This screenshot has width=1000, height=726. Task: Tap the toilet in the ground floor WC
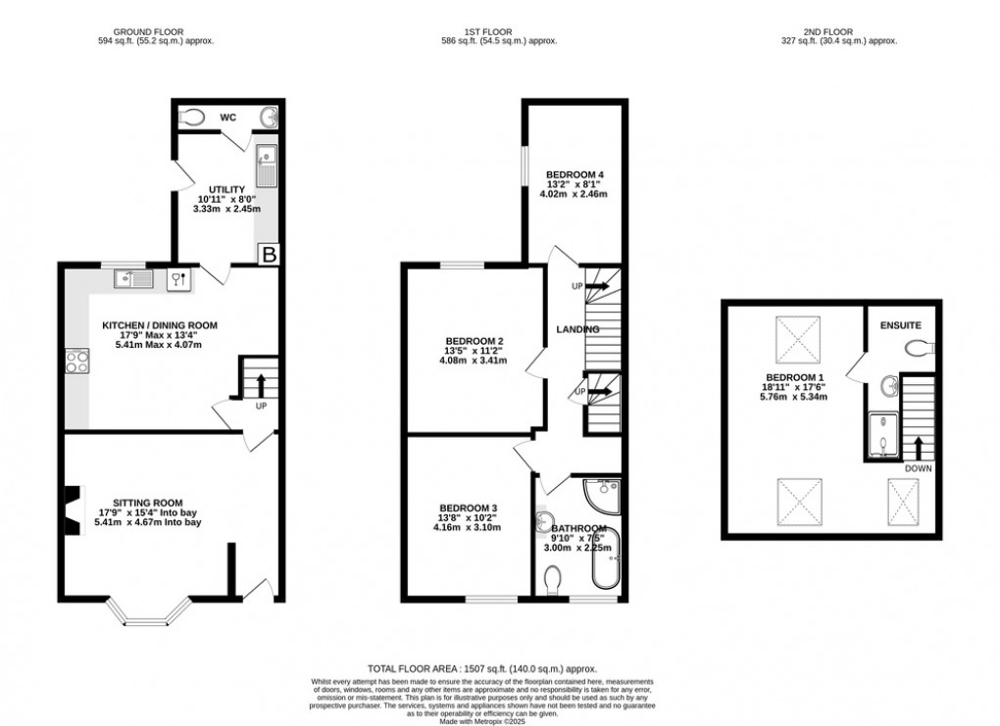click(x=193, y=119)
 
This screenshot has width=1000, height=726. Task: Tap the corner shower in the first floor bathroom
click(x=602, y=494)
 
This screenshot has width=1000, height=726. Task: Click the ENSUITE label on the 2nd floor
click(x=899, y=323)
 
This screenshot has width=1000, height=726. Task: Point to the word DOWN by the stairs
click(x=918, y=468)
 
